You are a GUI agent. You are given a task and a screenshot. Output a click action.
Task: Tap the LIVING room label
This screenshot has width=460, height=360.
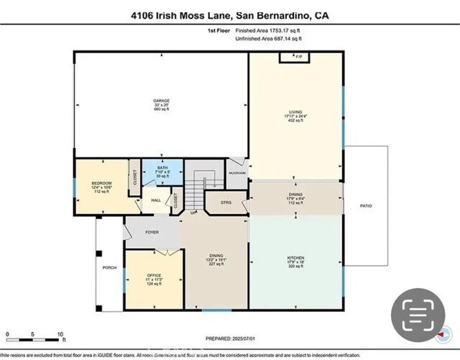pos(295,112)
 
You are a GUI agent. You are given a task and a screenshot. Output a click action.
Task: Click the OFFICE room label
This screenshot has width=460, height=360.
pos(155,275)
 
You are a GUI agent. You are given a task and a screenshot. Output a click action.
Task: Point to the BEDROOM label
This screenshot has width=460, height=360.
pos(100,183)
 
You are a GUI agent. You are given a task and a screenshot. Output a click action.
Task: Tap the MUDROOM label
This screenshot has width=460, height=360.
pos(237,173)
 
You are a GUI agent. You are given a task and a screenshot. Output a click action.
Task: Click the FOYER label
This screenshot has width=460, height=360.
pos(152,232)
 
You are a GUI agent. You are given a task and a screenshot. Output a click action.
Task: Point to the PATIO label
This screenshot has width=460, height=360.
pos(366,207)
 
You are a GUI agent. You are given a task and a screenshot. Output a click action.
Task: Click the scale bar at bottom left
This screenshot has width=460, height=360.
pos(34,335)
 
